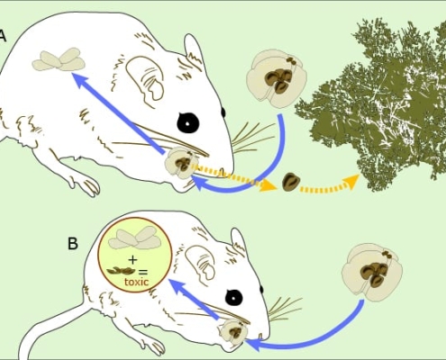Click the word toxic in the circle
coord(136,282)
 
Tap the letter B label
coord(73,244)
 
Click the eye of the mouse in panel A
coord(188,122)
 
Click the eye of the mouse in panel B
coord(234,298)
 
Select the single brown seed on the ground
coord(291,183)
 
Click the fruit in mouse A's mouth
coord(181,164)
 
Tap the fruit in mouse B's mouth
coord(233,331)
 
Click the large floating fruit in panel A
coord(277,78)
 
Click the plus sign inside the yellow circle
coord(132,259)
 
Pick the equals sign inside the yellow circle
coord(142,272)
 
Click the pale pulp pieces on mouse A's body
coord(59,59)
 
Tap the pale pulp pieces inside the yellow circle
coord(135,238)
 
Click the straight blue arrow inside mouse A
coord(119,113)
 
